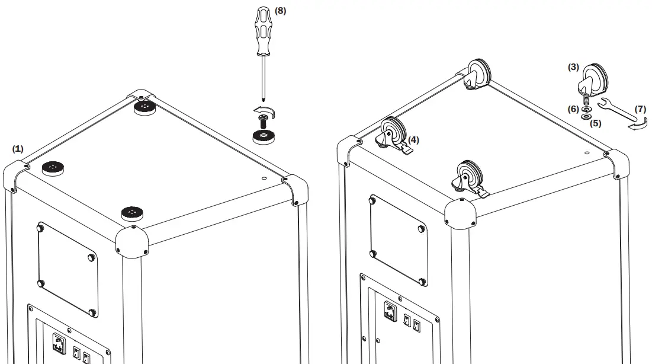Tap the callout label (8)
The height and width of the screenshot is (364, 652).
click(280, 11)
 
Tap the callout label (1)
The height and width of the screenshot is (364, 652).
click(18, 149)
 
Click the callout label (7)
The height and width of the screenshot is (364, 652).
click(641, 109)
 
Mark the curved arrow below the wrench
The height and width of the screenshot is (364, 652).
click(637, 126)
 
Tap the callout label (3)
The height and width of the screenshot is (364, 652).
click(573, 67)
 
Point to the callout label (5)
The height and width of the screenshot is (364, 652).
click(595, 124)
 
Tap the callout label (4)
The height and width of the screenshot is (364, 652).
click(413, 140)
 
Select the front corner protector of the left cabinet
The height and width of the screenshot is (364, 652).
click(130, 241)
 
